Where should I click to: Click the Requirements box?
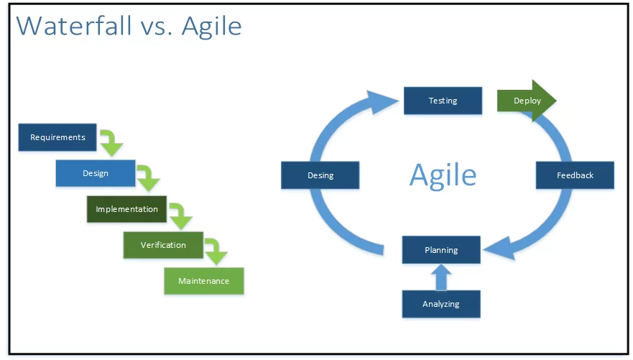[57, 137]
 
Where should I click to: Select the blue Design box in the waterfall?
[96, 173]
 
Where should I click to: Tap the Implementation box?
[126, 209]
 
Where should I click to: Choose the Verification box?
[163, 245]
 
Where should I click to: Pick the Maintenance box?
[204, 281]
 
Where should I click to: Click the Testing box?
[443, 101]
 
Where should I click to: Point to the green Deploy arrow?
[527, 101]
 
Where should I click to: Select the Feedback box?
[575, 175]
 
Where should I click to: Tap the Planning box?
[441, 250]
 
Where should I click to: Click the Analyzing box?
[441, 304]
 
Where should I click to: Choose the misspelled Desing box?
[320, 175]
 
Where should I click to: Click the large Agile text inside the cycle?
[443, 175]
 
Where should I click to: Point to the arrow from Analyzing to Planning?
[441, 277]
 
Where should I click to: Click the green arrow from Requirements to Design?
[111, 143]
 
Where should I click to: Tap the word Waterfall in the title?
[74, 27]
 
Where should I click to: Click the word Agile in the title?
[211, 27]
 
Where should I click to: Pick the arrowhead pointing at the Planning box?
[499, 247]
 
